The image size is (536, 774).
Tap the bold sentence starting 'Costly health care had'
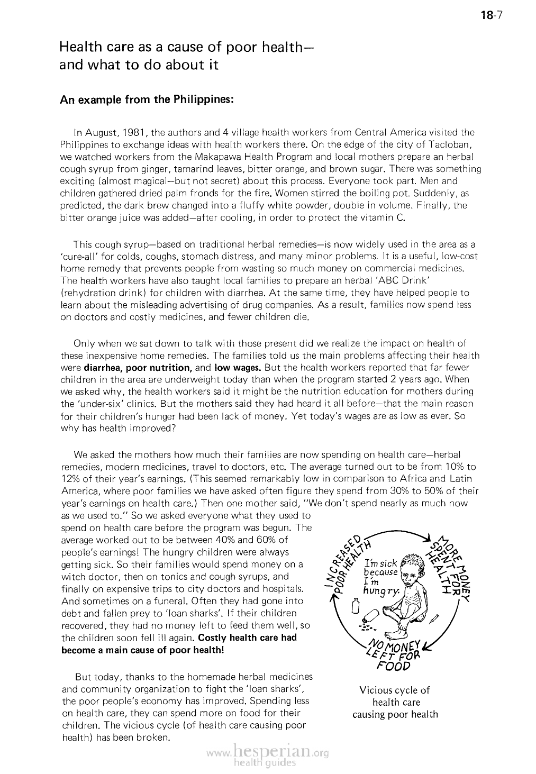tap(247, 638)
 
